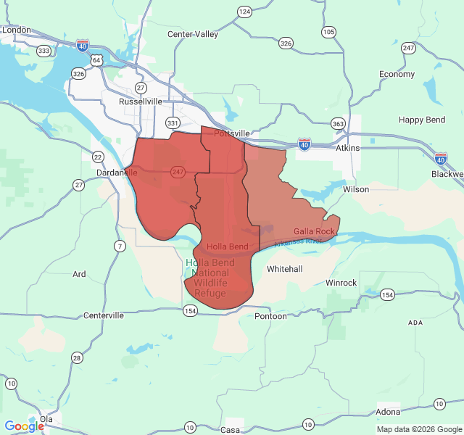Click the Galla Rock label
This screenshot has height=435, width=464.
(x=314, y=231)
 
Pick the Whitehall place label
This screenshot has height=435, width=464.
(x=284, y=269)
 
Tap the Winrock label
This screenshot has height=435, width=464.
(x=341, y=282)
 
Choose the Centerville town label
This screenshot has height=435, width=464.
(x=105, y=315)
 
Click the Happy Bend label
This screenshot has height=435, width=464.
(x=422, y=119)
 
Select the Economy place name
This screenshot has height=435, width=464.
(x=397, y=74)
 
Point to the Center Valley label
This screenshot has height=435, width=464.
(x=192, y=34)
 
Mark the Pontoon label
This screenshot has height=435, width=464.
(x=271, y=316)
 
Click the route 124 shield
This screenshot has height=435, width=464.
(x=244, y=12)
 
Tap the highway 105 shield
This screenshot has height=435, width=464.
(x=329, y=32)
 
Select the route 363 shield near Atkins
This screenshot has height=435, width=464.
(x=338, y=124)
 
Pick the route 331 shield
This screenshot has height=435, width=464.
(x=172, y=123)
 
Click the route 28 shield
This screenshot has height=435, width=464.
(x=77, y=357)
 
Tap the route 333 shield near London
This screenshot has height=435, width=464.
(x=44, y=51)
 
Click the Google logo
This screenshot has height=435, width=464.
(x=25, y=426)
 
